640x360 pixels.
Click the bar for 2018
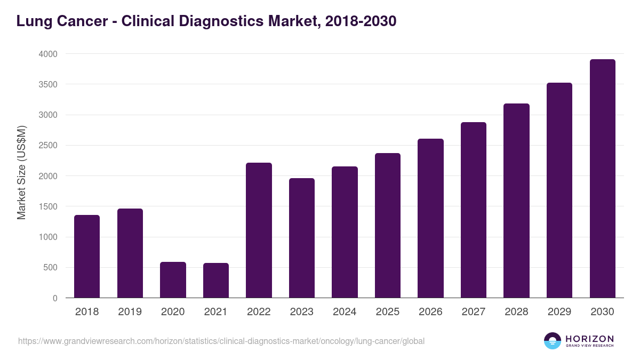point(87,256)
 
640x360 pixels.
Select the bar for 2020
point(173,279)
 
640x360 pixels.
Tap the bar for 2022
point(259,230)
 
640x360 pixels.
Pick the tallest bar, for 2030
point(602,178)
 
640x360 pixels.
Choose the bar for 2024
point(345,232)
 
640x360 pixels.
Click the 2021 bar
point(216,280)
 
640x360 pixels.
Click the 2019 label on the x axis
point(130,312)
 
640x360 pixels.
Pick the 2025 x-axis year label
point(387,312)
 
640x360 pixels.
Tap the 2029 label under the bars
point(559,312)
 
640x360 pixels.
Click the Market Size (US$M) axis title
point(21,173)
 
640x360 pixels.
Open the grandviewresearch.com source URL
point(221,341)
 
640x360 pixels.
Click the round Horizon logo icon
point(553,341)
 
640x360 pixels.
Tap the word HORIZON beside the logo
point(589,338)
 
